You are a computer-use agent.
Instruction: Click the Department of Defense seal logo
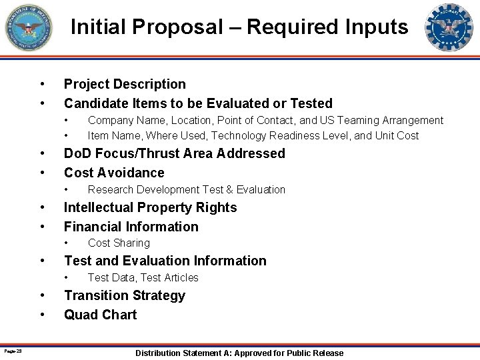pos(29,28)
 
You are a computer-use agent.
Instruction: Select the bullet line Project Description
pos(125,84)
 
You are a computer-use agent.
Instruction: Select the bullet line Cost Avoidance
pos(114,173)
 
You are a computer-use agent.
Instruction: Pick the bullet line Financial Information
pos(131,227)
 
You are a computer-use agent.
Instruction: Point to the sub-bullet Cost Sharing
pos(119,243)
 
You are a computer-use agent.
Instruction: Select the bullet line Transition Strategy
pos(124,295)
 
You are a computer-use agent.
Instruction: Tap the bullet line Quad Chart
pos(100,315)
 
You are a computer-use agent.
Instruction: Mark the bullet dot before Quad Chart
pos(43,315)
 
